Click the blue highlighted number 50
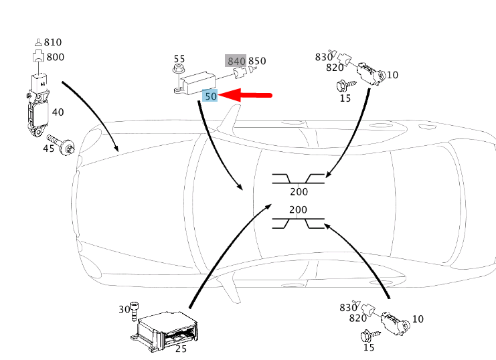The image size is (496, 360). point(211,96)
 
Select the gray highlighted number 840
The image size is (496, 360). point(236,61)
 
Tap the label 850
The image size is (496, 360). point(257,61)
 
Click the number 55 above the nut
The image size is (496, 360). point(179,59)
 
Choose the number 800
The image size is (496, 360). point(56,57)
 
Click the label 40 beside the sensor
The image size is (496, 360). point(58,112)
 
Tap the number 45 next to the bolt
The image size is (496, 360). point(49,147)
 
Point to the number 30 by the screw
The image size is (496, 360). point(124,309)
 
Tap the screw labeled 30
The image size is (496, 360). point(136,312)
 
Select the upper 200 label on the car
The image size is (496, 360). point(299,191)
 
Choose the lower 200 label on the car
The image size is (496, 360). point(299,209)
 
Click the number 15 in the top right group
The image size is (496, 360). point(345,99)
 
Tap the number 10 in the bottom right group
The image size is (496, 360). point(418,319)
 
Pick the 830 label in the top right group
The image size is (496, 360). point(324,57)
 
